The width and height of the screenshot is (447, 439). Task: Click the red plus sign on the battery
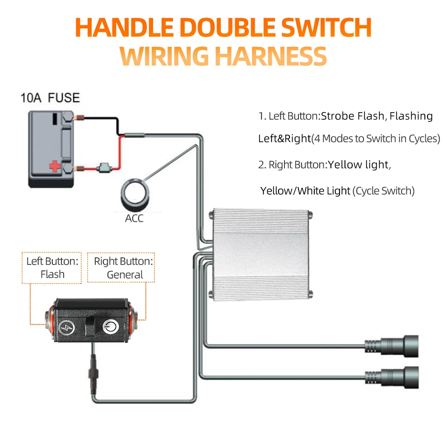coord(54,167)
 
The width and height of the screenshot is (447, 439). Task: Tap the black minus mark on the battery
coord(54,119)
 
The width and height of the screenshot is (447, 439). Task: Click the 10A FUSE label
coord(50,97)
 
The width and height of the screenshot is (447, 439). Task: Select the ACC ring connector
coord(134,195)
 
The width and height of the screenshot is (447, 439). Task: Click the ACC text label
coord(134,219)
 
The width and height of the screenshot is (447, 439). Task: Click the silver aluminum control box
coord(262,254)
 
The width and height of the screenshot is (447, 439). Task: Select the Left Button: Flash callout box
coord(52,268)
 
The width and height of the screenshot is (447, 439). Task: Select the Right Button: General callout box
coord(121,268)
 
